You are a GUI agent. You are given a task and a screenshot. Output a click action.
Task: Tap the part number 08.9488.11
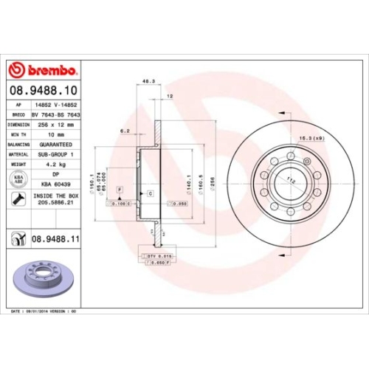click(56, 238)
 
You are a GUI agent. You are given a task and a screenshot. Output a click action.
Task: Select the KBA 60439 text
click(51, 184)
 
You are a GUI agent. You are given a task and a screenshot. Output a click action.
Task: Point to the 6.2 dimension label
click(125, 131)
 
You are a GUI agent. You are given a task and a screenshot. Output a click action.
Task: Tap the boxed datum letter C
click(149, 193)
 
